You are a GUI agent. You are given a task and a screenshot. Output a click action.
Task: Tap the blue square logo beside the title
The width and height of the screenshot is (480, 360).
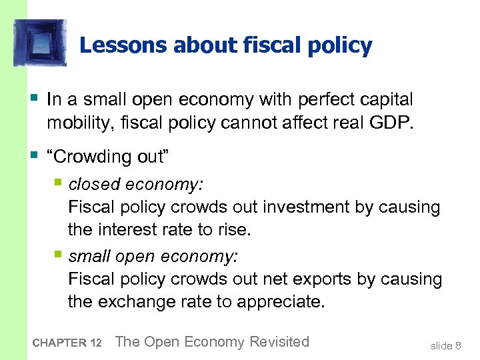pyautogui.click(x=40, y=43)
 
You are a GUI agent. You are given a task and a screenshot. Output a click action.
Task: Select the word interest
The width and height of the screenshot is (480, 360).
pyautogui.click(x=126, y=231)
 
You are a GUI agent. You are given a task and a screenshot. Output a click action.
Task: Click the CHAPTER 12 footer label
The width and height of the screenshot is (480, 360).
pyautogui.click(x=67, y=343)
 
